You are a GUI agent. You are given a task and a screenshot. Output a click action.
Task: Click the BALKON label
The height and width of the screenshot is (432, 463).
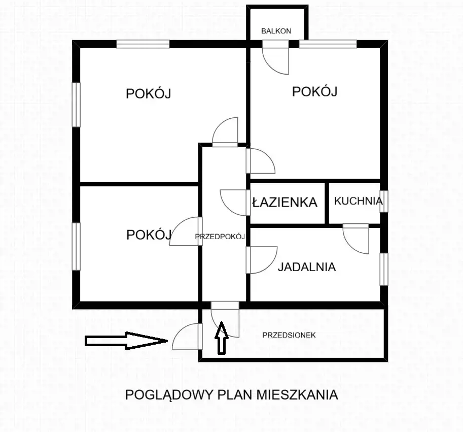276,31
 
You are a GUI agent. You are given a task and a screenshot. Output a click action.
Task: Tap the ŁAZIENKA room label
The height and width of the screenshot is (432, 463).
285,202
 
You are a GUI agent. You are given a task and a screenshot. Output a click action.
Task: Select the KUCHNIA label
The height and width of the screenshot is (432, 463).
358,201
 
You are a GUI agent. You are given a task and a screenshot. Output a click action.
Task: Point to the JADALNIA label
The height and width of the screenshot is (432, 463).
306,267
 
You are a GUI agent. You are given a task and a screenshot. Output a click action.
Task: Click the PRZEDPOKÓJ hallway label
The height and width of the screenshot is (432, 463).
221,237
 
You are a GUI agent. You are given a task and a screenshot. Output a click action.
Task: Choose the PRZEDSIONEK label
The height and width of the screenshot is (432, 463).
289,335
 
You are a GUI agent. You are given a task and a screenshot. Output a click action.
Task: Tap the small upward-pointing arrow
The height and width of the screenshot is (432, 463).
221,339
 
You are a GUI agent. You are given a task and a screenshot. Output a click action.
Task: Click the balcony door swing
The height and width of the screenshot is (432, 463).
276,58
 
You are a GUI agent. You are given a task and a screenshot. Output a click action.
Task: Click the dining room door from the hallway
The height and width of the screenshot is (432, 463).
262,259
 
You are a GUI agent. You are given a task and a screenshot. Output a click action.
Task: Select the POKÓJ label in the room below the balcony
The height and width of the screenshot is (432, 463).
315,92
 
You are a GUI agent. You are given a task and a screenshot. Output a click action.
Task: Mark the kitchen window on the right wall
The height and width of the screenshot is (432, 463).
384,201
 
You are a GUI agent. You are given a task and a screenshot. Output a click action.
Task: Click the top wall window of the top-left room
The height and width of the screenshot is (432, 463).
143,45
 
